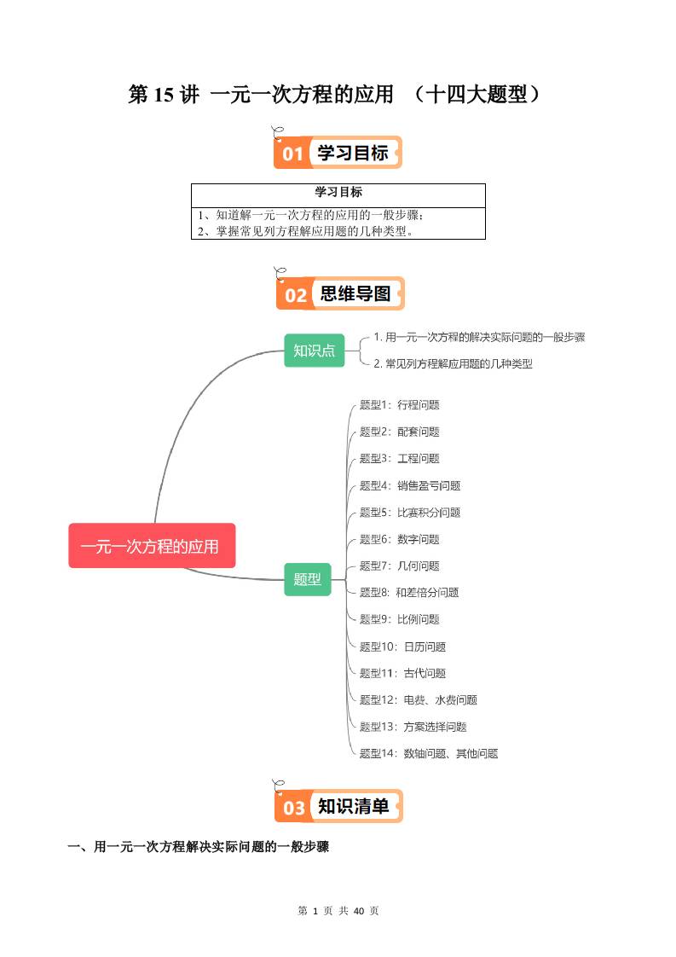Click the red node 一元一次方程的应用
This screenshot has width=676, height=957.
[151, 546]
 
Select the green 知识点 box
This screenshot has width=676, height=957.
[314, 351]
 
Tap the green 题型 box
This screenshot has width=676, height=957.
[307, 579]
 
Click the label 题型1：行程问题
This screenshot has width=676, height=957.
[399, 405]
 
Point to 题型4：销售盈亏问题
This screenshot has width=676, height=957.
[409, 485]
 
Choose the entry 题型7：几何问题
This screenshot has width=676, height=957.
[399, 565]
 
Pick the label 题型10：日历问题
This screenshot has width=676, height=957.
[402, 647]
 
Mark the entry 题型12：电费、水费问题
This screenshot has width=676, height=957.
[418, 700]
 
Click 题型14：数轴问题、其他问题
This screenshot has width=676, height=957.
[428, 754]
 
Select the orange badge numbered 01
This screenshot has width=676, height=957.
[292, 154]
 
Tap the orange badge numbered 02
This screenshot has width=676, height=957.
[295, 295]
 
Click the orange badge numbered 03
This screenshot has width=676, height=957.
[293, 807]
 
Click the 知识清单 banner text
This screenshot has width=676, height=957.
[353, 806]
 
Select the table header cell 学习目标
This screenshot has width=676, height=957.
[338, 193]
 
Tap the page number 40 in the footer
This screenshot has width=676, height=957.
[359, 911]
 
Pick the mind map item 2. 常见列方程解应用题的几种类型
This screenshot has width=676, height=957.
[453, 363]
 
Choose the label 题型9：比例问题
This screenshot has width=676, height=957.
[399, 619]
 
